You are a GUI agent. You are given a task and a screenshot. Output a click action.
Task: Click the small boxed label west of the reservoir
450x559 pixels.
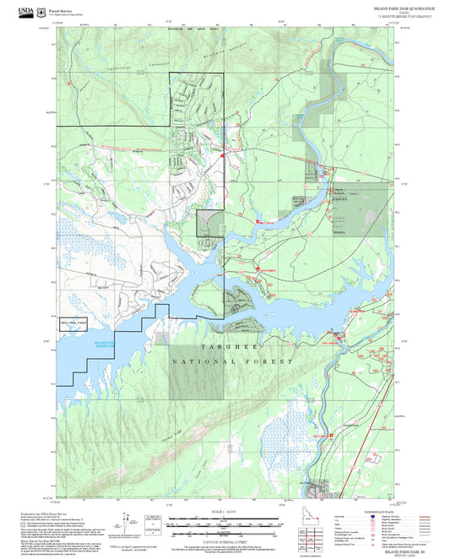coord(73,323)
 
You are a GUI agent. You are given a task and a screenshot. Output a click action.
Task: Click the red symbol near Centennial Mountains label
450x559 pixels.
coord(221,156)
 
